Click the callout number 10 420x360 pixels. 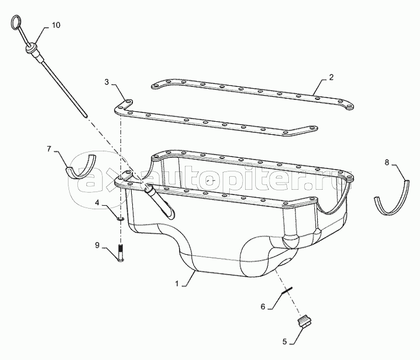pyautogui.click(x=56, y=25)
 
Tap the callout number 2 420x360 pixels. pyautogui.click(x=331, y=77)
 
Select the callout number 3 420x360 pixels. pyautogui.click(x=106, y=82)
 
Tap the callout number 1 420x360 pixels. pyautogui.click(x=176, y=284)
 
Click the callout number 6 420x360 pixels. pyautogui.click(x=263, y=306)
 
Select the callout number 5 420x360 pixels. pyautogui.click(x=285, y=340)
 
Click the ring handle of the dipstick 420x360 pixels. pyautogui.click(x=17, y=24)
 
